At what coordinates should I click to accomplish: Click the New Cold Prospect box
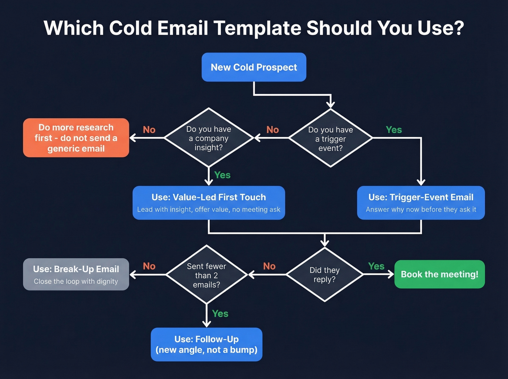pos(254,67)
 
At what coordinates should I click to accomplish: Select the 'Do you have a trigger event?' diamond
pos(330,138)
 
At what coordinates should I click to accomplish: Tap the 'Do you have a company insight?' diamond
pos(209,138)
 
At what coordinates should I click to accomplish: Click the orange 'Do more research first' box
pos(76,138)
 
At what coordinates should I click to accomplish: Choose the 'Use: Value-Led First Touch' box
pos(209,203)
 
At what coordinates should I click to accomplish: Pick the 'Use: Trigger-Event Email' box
pos(421,203)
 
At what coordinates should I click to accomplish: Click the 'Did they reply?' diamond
pos(324,275)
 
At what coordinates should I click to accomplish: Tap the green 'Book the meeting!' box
pos(439,274)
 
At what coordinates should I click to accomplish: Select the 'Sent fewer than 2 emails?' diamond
pos(206,275)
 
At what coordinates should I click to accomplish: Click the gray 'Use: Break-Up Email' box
pos(76,274)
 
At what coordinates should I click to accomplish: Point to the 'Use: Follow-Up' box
pos(206,344)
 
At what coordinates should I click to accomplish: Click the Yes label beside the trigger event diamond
pos(394,130)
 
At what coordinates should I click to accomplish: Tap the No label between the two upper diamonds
pos(273,130)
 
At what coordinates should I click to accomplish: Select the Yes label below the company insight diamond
pos(222,175)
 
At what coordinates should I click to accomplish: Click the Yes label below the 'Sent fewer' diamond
pos(220,314)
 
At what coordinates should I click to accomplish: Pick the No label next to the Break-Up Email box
pos(149,266)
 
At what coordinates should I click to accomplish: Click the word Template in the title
pos(257,28)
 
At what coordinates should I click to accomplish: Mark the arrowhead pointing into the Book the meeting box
pos(391,275)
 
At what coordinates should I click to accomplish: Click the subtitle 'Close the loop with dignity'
pos(76,281)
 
